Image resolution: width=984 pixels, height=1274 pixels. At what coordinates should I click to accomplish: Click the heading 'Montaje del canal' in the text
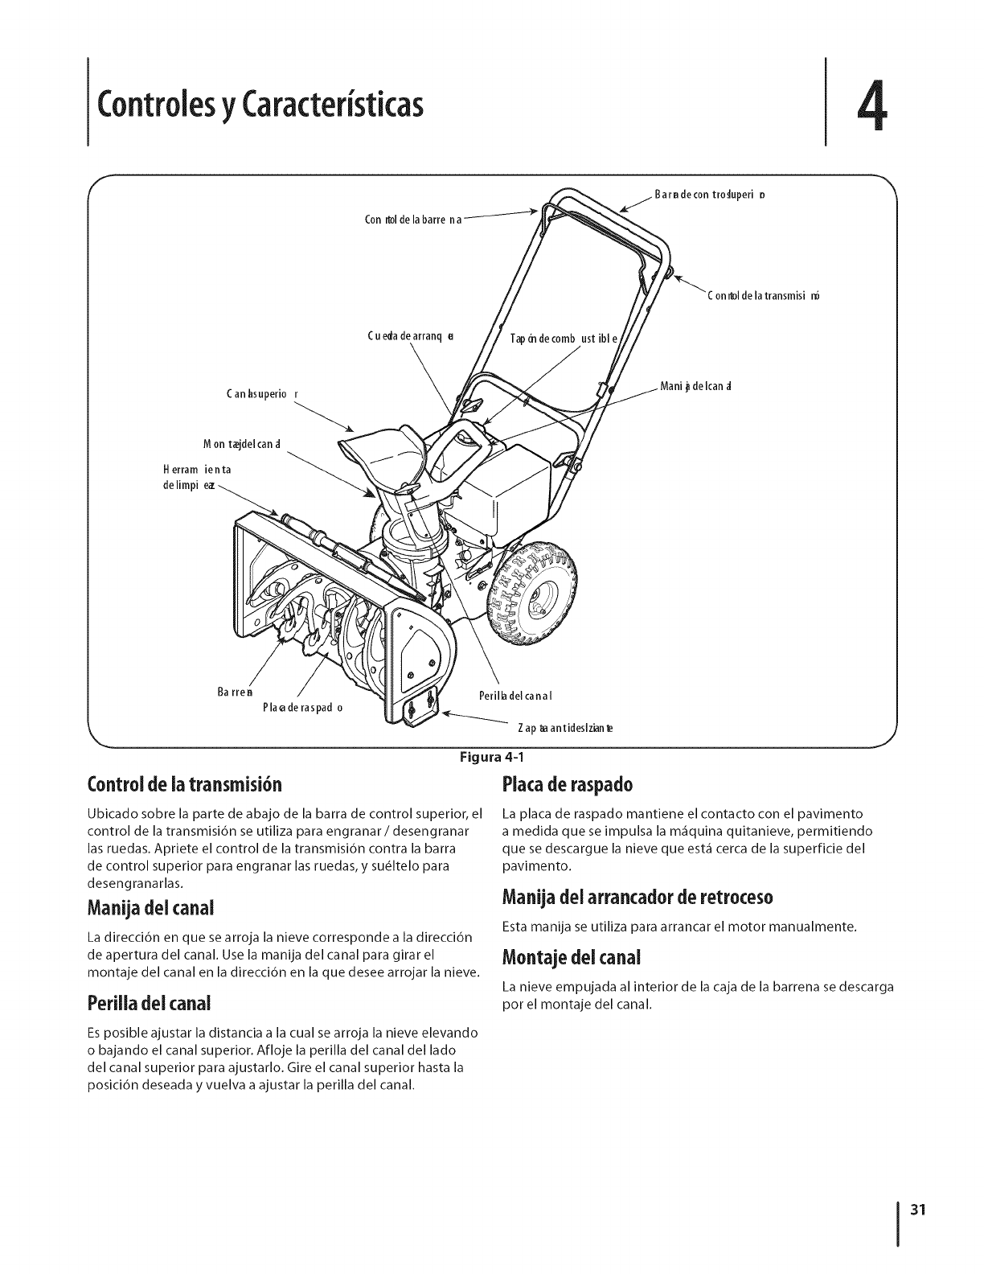pos(571,958)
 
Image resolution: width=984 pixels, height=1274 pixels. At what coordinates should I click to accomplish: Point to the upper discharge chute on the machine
pos(383,446)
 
